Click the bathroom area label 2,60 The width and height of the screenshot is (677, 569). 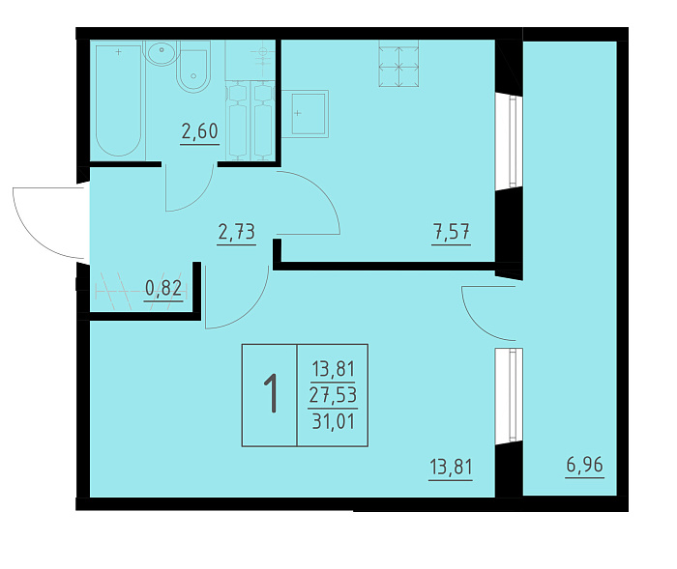tap(199, 131)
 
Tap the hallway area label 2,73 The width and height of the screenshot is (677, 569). tap(237, 232)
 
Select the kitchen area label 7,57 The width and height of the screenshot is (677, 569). tap(452, 232)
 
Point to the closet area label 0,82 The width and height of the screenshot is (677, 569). tap(163, 288)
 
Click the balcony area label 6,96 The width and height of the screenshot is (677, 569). tap(584, 465)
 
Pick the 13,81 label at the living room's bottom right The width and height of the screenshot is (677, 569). tap(452, 467)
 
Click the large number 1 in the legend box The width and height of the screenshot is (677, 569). tap(271, 394)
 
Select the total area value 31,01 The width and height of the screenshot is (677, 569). tap(334, 420)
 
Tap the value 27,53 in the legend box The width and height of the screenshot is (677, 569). tap(333, 395)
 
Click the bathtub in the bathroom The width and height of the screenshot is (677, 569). tap(118, 100)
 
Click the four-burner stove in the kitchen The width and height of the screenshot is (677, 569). tap(398, 64)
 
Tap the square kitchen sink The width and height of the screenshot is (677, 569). tap(309, 114)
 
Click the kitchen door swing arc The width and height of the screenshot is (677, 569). tap(322, 189)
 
